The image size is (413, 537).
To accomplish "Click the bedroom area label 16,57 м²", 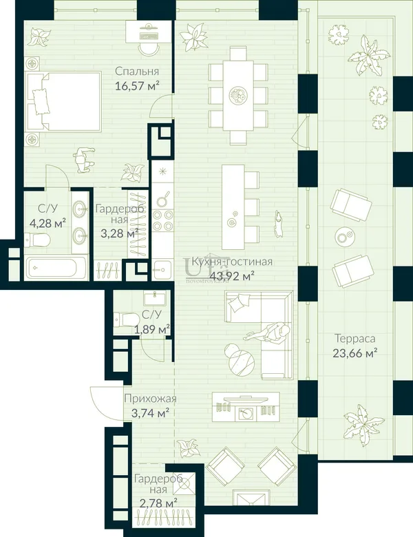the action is [138, 85].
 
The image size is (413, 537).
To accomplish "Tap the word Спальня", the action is [137, 71].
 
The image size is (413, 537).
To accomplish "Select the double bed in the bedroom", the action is [64, 101].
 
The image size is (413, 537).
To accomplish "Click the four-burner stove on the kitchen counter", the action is [163, 220].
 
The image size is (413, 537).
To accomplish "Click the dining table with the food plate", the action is [238, 95].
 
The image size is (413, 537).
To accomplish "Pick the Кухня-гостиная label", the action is [232, 262].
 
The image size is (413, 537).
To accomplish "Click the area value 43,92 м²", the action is [232, 276].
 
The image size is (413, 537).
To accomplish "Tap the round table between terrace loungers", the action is [345, 236].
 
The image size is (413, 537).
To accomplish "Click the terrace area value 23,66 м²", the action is [354, 352].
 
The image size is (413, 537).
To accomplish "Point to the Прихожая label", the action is [150, 399].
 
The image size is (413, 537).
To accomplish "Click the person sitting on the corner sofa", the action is [271, 333].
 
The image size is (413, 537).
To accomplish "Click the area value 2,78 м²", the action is [158, 503].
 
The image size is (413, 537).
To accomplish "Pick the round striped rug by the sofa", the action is [242, 363].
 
